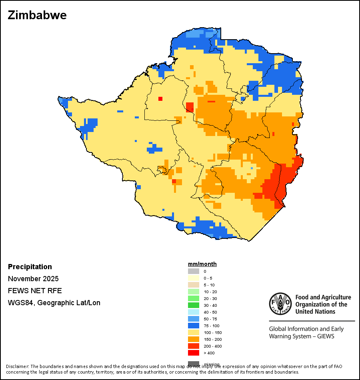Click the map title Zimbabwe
pyautogui.click(x=37, y=15)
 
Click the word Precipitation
pyautogui.click(x=30, y=267)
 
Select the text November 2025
pyautogui.click(x=33, y=279)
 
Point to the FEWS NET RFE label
pyautogui.click(x=35, y=291)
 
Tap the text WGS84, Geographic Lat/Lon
pyautogui.click(x=54, y=303)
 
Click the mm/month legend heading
pyautogui.click(x=202, y=264)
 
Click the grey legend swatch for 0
pyautogui.click(x=194, y=271)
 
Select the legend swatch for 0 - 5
pyautogui.click(x=194, y=278)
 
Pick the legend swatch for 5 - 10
pyautogui.click(x=194, y=285)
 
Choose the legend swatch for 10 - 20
pyautogui.click(x=194, y=292)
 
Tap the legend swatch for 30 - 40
pyautogui.click(x=194, y=305)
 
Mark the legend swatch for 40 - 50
pyautogui.click(x=194, y=312)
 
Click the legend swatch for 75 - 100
pyautogui.click(x=194, y=326)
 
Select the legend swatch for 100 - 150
pyautogui.click(x=194, y=332)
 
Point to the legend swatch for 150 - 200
pyautogui.click(x=194, y=339)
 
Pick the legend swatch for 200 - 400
pyautogui.click(x=194, y=346)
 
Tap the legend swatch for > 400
pyautogui.click(x=194, y=353)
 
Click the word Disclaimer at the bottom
pyautogui.click(x=17, y=366)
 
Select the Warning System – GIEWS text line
pyautogui.click(x=302, y=336)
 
